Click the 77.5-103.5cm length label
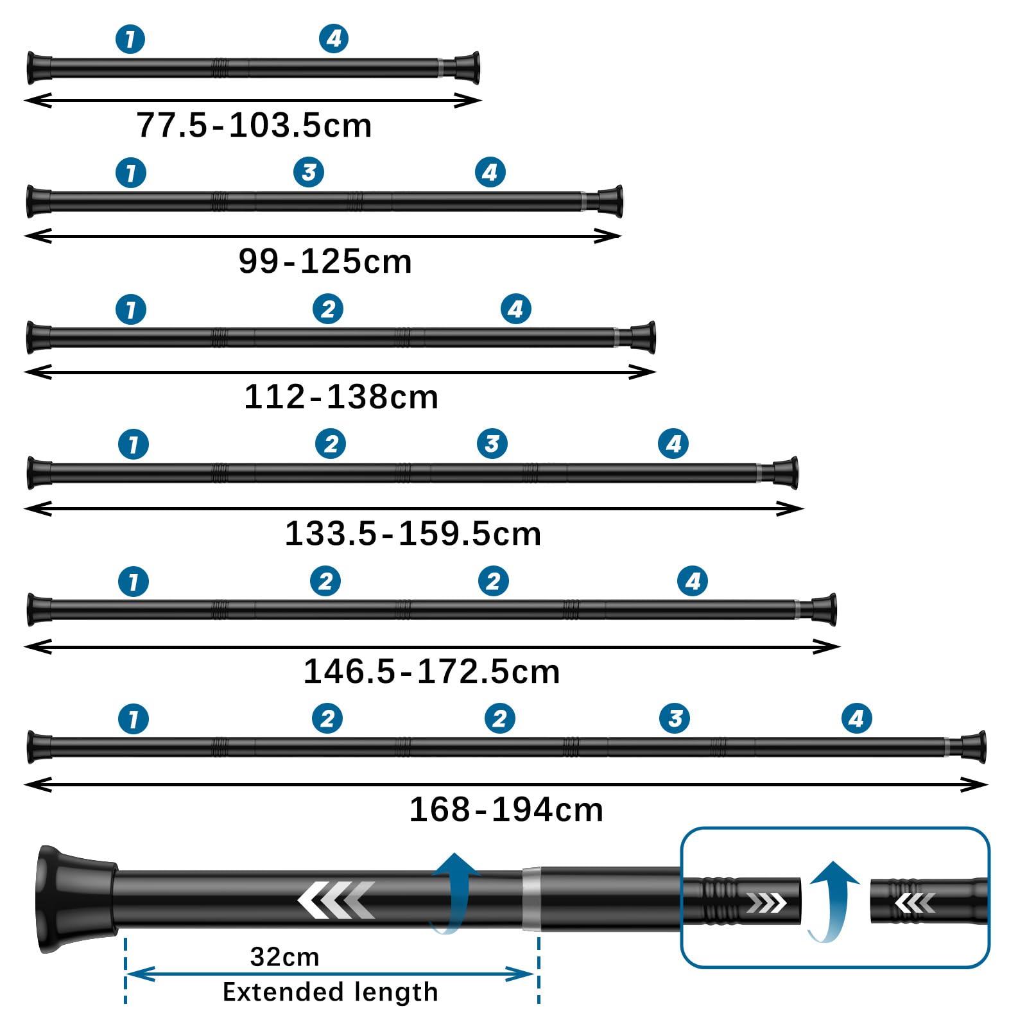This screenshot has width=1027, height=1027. (254, 125)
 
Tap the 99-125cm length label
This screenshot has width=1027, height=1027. (325, 261)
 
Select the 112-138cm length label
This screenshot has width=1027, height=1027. (341, 397)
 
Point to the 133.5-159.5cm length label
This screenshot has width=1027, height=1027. (413, 533)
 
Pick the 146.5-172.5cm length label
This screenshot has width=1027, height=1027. (431, 671)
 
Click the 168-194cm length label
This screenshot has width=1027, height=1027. (506, 809)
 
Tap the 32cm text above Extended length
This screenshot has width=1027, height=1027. (284, 957)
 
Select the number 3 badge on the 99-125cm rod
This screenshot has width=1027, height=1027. (309, 172)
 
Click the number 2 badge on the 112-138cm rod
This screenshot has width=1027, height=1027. (328, 309)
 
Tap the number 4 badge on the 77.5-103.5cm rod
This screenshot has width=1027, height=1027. (334, 39)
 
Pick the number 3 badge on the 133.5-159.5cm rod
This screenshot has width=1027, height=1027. (492, 444)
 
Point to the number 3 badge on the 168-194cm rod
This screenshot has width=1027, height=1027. (675, 718)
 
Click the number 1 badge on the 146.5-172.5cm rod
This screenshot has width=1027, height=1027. (134, 582)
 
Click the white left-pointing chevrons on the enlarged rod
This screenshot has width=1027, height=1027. (336, 899)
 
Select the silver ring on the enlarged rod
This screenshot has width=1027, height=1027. (531, 899)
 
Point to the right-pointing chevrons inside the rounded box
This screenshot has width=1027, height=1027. (766, 903)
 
